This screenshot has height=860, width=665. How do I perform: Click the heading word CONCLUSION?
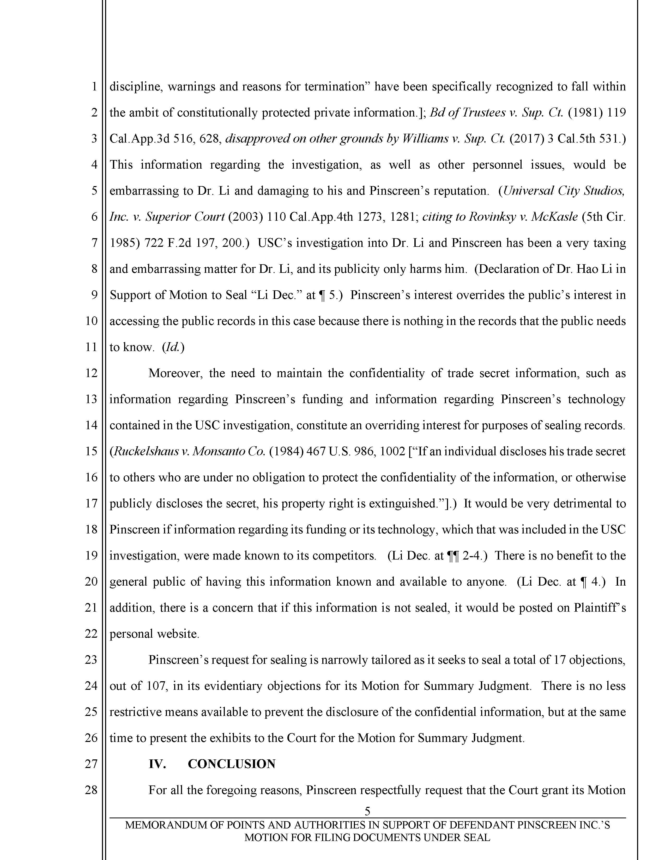pos(231,764)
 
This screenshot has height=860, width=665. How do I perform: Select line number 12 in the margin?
pos(91,373)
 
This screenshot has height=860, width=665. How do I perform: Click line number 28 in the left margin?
pos(91,790)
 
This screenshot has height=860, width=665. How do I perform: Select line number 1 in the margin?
pos(94,86)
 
